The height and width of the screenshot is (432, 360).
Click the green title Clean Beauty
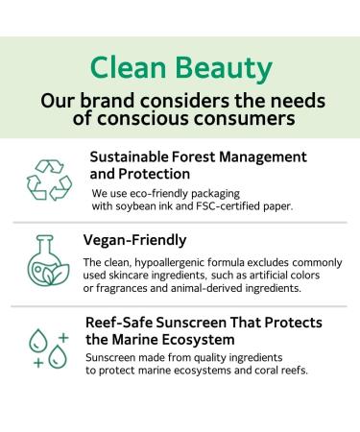point(179,65)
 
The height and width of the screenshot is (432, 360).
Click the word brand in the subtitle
point(108,99)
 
